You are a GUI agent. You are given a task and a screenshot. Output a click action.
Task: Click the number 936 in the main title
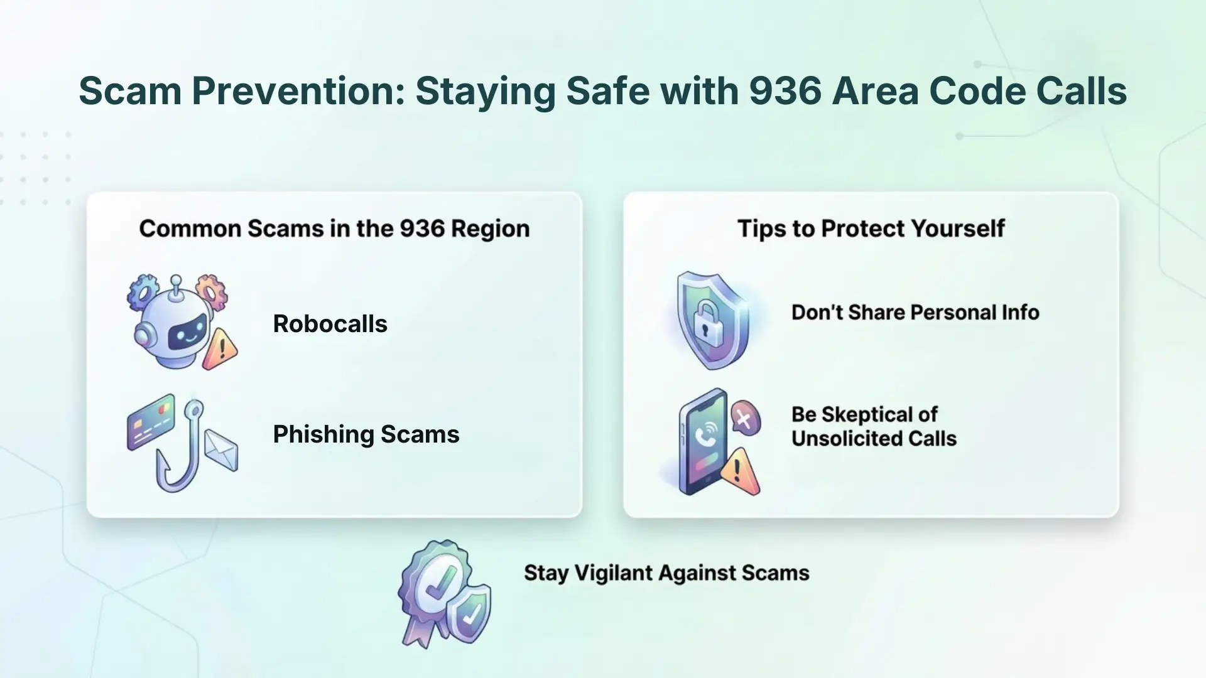[785, 91]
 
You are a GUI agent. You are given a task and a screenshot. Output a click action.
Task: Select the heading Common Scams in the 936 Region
[334, 229]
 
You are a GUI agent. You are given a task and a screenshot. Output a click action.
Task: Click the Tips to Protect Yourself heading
[871, 229]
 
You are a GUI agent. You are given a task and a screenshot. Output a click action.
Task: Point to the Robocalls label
[330, 324]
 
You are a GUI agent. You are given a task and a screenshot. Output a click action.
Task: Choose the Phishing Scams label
[366, 434]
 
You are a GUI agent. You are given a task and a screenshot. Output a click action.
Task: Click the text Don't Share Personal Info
[915, 313]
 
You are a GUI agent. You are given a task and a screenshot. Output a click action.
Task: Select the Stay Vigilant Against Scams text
[666, 573]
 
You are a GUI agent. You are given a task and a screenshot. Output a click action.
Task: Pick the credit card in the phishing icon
[151, 422]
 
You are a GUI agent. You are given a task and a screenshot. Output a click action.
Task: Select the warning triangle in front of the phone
[740, 472]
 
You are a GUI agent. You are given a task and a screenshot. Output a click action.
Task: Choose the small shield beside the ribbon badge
[470, 611]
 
